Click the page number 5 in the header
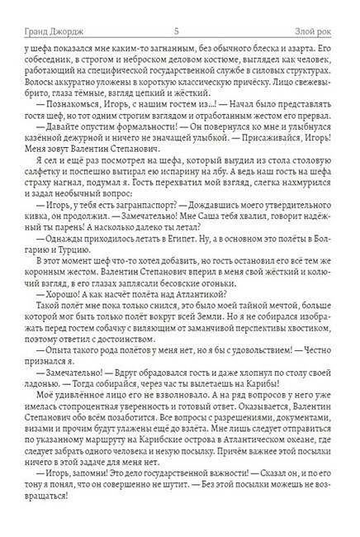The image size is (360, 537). pyautogui.click(x=179, y=31)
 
